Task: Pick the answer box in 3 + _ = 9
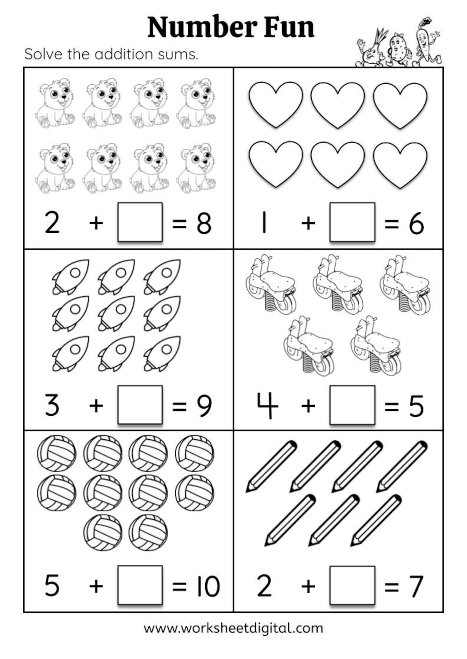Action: pyautogui.click(x=140, y=405)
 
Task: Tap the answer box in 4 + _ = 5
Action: pyautogui.click(x=352, y=405)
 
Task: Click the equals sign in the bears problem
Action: pyautogui.click(x=179, y=223)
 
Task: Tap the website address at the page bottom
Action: pyautogui.click(x=233, y=628)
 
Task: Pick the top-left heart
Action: pyautogui.click(x=276, y=104)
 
